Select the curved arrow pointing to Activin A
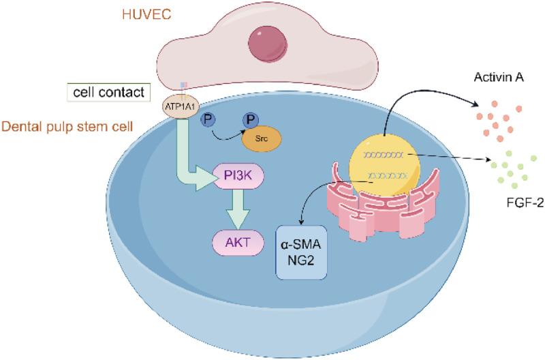(x=422, y=95)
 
